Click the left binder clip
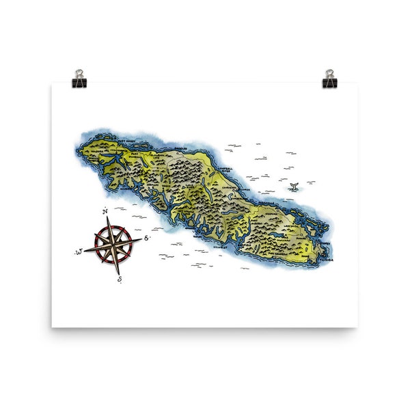pyautogui.click(x=79, y=78)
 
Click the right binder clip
pyautogui.click(x=330, y=78)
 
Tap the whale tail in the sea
pyautogui.click(x=293, y=186)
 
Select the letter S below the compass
pyautogui.click(x=119, y=279)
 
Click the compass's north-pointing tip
pyautogui.click(x=108, y=217)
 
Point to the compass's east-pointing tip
pyautogui.click(x=141, y=239)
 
